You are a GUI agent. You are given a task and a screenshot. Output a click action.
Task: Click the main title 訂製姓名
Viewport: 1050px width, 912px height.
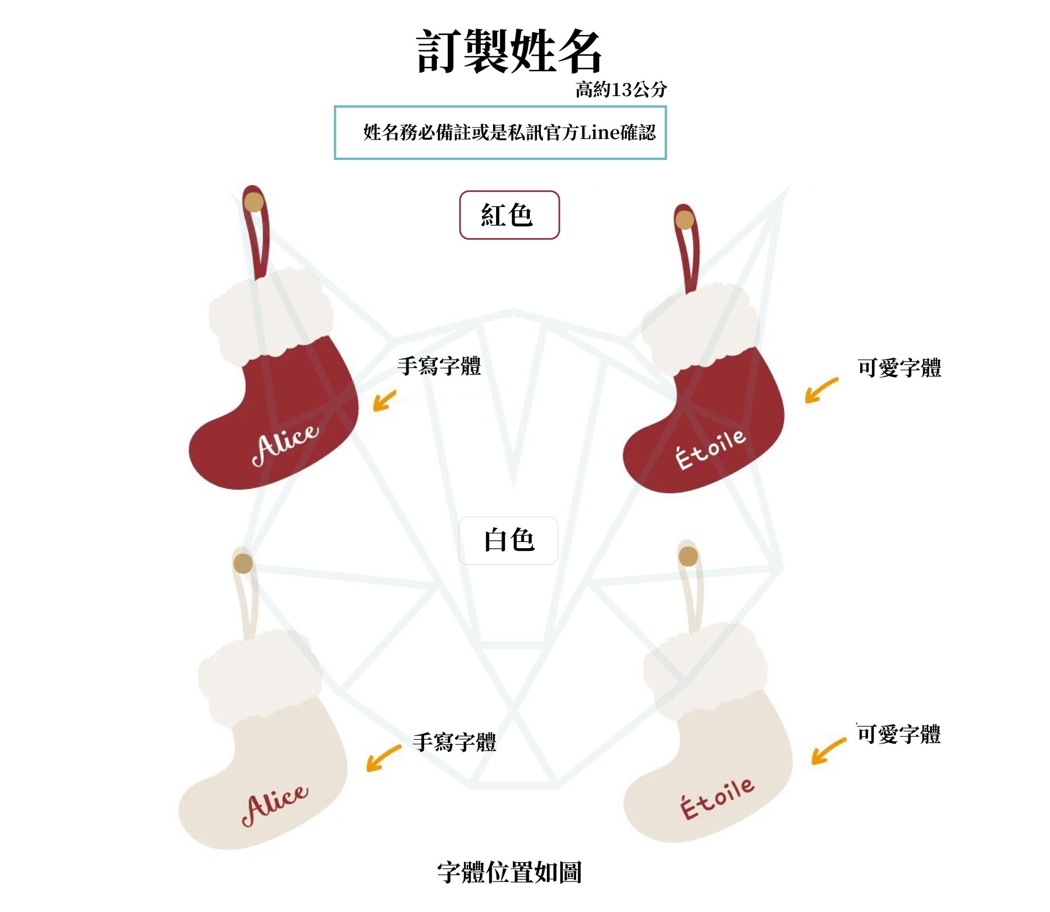tap(509, 51)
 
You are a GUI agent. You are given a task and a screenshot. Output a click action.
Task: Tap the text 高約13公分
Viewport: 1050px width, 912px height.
tap(621, 90)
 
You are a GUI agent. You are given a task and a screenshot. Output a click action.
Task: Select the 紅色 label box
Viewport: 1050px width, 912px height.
tap(509, 215)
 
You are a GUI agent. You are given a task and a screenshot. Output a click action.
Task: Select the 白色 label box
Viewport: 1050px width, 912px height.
tap(508, 540)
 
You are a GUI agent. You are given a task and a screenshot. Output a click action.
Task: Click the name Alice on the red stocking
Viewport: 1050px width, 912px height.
tap(286, 443)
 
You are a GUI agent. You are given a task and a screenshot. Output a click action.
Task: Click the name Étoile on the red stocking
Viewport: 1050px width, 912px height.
tap(711, 449)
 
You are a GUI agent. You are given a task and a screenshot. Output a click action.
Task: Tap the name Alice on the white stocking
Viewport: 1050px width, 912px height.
tap(275, 805)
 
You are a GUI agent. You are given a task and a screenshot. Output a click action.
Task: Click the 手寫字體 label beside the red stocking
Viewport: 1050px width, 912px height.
tap(439, 366)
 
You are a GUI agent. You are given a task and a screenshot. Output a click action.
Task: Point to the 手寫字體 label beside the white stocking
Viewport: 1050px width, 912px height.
tap(454, 742)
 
